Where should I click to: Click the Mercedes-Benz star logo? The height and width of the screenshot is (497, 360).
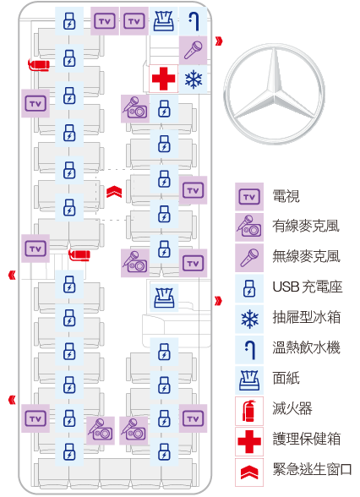click(275, 94)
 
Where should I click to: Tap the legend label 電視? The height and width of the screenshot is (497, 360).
click(286, 196)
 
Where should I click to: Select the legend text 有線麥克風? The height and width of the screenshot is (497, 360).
click(306, 226)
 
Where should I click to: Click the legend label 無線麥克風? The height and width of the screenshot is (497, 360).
click(306, 256)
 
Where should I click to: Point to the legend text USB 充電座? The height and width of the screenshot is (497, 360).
click(308, 287)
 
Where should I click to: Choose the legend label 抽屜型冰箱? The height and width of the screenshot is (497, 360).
click(307, 317)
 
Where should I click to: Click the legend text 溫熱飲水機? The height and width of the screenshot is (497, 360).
click(306, 347)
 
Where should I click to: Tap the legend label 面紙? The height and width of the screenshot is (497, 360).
click(286, 378)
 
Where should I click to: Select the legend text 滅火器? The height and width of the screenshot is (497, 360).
click(292, 408)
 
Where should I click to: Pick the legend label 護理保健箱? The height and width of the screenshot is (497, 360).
click(307, 439)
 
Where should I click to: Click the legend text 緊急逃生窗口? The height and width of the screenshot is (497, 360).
click(312, 469)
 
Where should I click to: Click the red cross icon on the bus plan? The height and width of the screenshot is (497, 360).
click(164, 79)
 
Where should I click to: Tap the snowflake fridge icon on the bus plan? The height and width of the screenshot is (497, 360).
click(194, 79)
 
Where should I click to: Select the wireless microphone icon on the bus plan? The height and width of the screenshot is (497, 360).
click(193, 50)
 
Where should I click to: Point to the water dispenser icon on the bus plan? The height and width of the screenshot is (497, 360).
click(194, 21)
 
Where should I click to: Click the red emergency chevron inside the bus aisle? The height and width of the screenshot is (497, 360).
click(114, 192)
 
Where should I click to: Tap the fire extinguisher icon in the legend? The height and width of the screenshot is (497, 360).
click(249, 411)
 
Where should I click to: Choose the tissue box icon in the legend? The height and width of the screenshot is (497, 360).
click(249, 380)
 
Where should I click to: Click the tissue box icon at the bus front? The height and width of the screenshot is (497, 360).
click(164, 21)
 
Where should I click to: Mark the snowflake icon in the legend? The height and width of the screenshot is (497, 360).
click(249, 319)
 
